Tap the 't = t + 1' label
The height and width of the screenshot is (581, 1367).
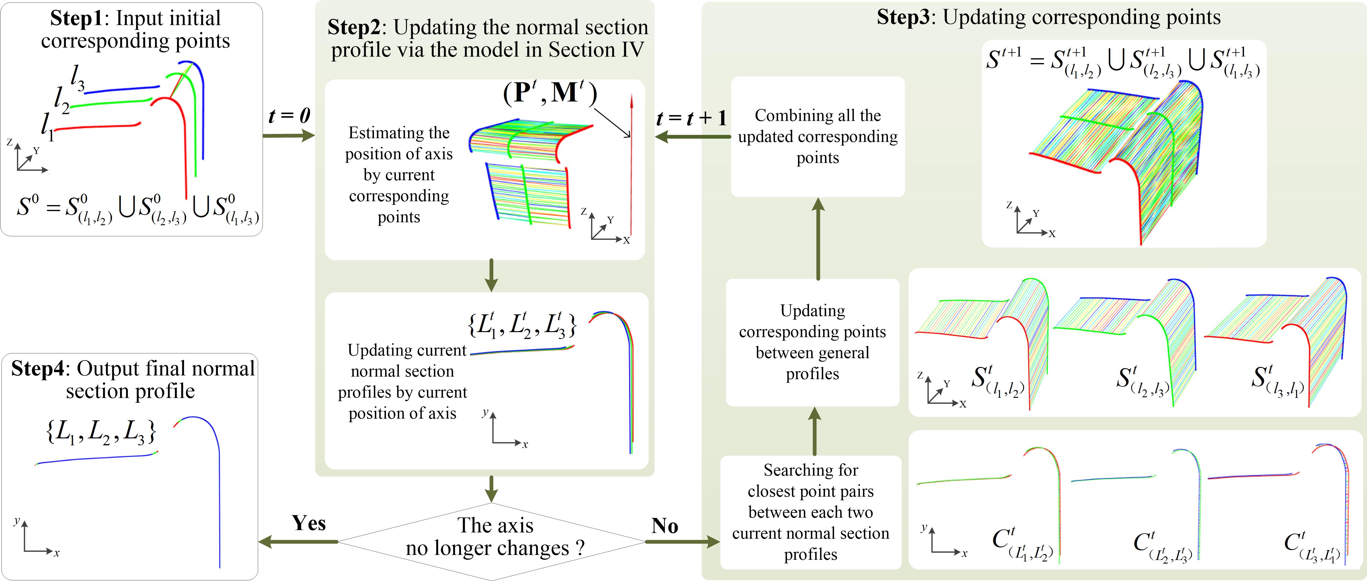[691, 118]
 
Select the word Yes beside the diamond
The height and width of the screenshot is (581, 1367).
[308, 524]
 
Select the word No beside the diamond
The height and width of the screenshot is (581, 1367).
[664, 526]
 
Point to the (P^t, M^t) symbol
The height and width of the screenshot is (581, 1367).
[550, 93]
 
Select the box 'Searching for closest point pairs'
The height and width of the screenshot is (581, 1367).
[810, 512]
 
